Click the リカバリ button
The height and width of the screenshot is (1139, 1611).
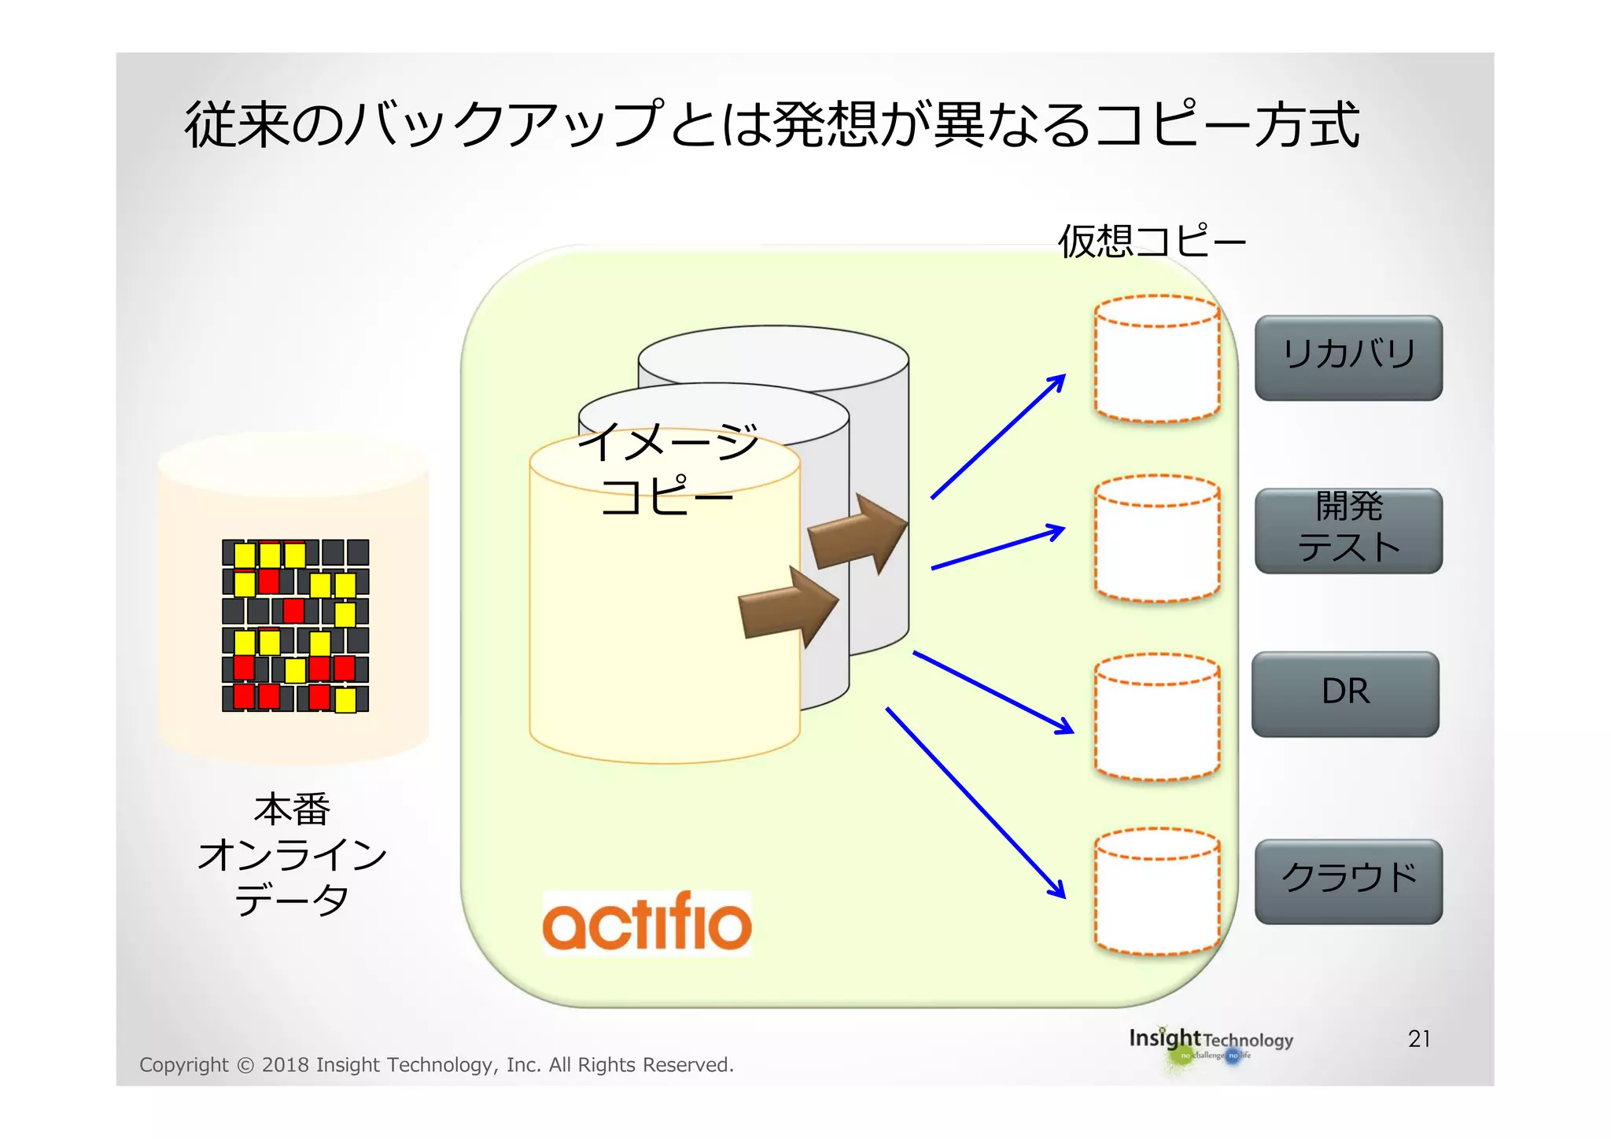[1347, 358]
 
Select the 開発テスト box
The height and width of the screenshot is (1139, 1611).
[1347, 530]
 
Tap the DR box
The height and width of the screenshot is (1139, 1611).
[1345, 694]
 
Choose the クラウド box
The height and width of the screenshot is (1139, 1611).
[1347, 881]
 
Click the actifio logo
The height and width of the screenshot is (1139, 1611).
[647, 923]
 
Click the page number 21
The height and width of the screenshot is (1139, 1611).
[1418, 1039]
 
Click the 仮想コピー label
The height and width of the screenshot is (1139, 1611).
[1152, 241]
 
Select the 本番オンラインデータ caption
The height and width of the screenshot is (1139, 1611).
[292, 854]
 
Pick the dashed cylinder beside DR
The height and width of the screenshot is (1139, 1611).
[1156, 717]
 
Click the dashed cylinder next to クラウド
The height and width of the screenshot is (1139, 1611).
[1156, 891]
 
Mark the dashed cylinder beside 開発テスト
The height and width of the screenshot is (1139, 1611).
[1156, 538]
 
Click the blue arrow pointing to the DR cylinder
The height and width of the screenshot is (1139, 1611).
[993, 692]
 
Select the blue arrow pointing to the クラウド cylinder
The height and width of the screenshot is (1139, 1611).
[975, 802]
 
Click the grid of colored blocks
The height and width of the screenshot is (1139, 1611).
[295, 625]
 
